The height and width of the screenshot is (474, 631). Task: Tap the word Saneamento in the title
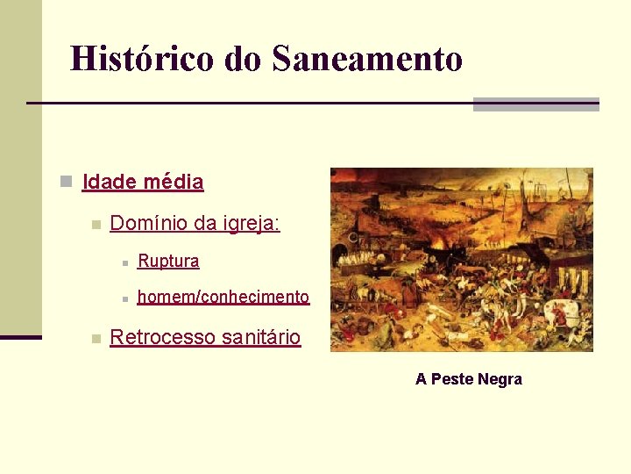pos(367,59)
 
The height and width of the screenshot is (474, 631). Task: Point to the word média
pos(174,183)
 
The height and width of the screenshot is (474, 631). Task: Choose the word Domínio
pos(149,224)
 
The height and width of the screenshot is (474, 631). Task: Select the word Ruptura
pos(168,261)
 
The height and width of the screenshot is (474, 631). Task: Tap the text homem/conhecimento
pos(223,297)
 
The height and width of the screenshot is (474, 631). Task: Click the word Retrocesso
pos(162,337)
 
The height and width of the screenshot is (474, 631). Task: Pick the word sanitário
pos(261,337)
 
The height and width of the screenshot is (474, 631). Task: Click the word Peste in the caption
pos(453,379)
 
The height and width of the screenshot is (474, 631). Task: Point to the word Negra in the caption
pos(500,379)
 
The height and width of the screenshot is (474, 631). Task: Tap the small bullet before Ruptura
pos(125,262)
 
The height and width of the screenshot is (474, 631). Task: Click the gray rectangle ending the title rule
pos(535,104)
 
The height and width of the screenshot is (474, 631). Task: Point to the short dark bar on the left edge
pos(20,337)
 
